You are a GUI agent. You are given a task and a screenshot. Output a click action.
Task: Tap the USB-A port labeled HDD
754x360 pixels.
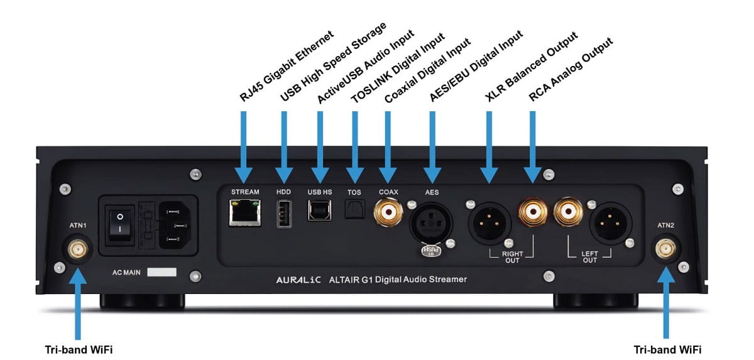point(283,212)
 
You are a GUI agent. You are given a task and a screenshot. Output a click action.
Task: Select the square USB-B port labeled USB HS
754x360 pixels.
point(319,210)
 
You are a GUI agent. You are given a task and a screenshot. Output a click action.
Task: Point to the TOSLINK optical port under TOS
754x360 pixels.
point(354,209)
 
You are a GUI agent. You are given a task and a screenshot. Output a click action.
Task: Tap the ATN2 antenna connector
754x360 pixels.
point(665,251)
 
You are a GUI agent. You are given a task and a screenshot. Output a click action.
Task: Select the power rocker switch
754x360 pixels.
point(120,224)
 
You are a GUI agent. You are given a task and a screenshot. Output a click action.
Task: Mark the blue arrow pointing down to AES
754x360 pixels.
point(432,141)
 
